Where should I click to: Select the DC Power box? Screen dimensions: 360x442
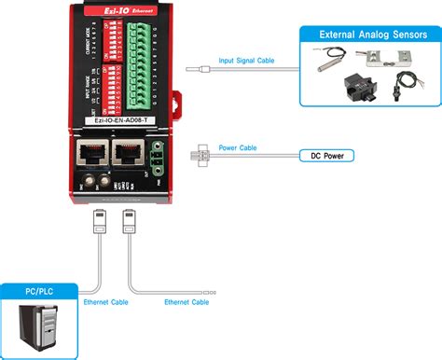[x=325, y=156]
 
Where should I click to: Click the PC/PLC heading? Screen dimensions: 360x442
[x=40, y=292]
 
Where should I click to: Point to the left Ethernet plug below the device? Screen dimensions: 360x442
[x=99, y=222]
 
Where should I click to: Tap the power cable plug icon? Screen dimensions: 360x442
[x=200, y=156]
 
